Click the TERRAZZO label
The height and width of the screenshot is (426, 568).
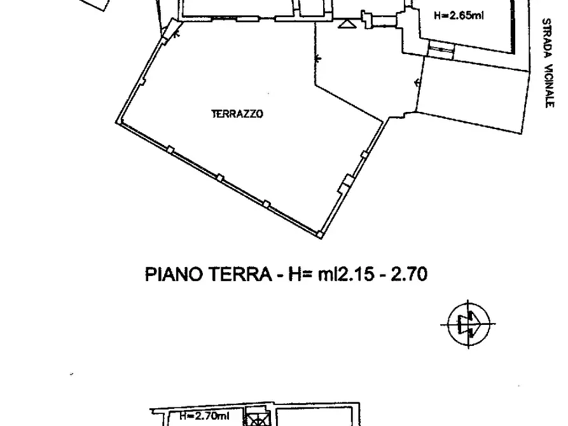pyautogui.click(x=237, y=114)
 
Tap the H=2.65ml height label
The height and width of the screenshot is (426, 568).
pyautogui.click(x=459, y=16)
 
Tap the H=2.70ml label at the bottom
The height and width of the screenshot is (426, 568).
pyautogui.click(x=204, y=416)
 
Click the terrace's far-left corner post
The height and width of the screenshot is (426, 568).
pyautogui.click(x=118, y=121)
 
